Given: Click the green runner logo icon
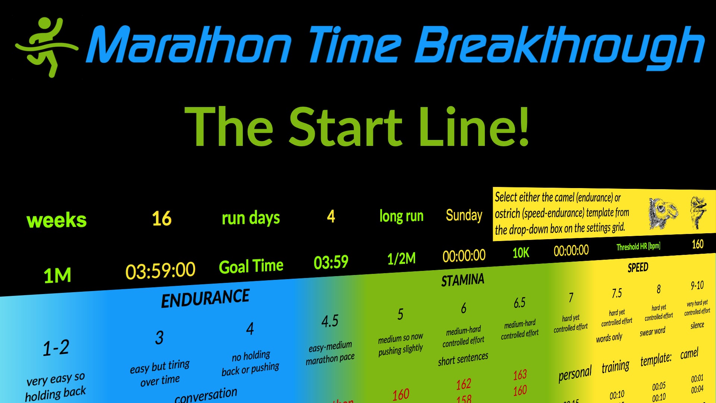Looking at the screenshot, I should [47, 47].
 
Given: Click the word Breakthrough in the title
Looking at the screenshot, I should [559, 47].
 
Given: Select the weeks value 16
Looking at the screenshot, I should [161, 218].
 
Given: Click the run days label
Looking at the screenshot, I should [251, 218].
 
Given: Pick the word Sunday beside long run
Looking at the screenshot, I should [464, 215].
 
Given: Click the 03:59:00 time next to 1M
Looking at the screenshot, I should [160, 271].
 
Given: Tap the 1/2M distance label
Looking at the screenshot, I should [401, 258].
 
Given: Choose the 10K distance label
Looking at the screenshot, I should [521, 253].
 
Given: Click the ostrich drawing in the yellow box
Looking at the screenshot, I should [698, 212].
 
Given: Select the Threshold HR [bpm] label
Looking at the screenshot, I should [638, 247].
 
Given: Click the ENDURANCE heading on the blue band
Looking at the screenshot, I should [205, 299].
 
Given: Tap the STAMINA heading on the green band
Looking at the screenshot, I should [462, 280].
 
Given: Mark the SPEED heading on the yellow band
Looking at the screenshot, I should [638, 268].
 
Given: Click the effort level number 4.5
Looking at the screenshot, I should [330, 321].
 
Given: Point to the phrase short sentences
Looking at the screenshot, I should [463, 359].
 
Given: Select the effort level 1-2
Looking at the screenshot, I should [56, 348].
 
